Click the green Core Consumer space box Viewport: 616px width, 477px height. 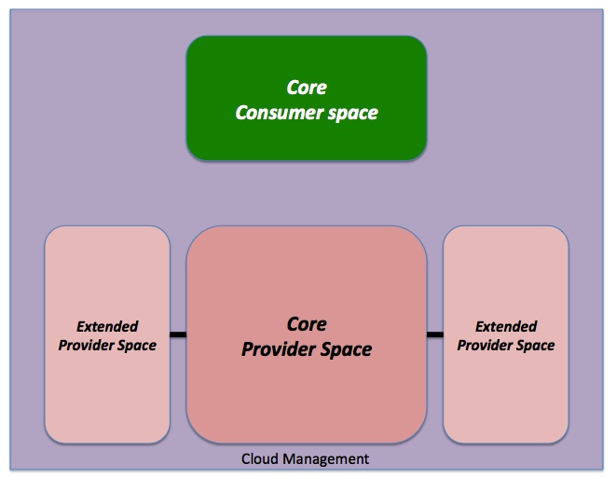tap(307, 98)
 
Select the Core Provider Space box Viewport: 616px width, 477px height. tap(307, 334)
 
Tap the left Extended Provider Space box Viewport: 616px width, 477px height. tap(107, 334)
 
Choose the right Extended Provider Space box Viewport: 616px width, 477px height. tap(506, 334)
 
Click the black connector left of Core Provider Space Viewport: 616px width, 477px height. tap(178, 334)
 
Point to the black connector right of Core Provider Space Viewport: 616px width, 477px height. tap(435, 334)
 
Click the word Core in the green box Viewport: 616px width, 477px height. tap(307, 88)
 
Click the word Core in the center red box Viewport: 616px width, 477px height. tap(307, 324)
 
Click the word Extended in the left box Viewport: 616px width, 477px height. tap(107, 326)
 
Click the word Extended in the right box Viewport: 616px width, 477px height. tap(506, 326)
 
